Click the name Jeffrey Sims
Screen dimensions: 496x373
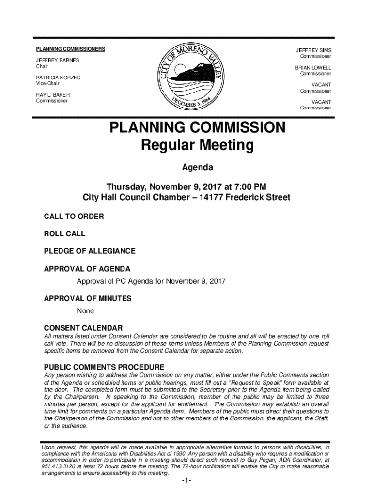point(314,50)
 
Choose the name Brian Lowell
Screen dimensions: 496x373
point(313,68)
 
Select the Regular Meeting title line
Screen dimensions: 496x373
point(197,145)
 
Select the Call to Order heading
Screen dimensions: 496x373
point(74,216)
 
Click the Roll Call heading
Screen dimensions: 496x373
point(64,233)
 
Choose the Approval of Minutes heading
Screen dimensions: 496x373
point(88,299)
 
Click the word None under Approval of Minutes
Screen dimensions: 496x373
point(85,310)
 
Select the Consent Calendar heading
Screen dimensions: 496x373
point(83,328)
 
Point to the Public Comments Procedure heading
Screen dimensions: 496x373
point(104,367)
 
